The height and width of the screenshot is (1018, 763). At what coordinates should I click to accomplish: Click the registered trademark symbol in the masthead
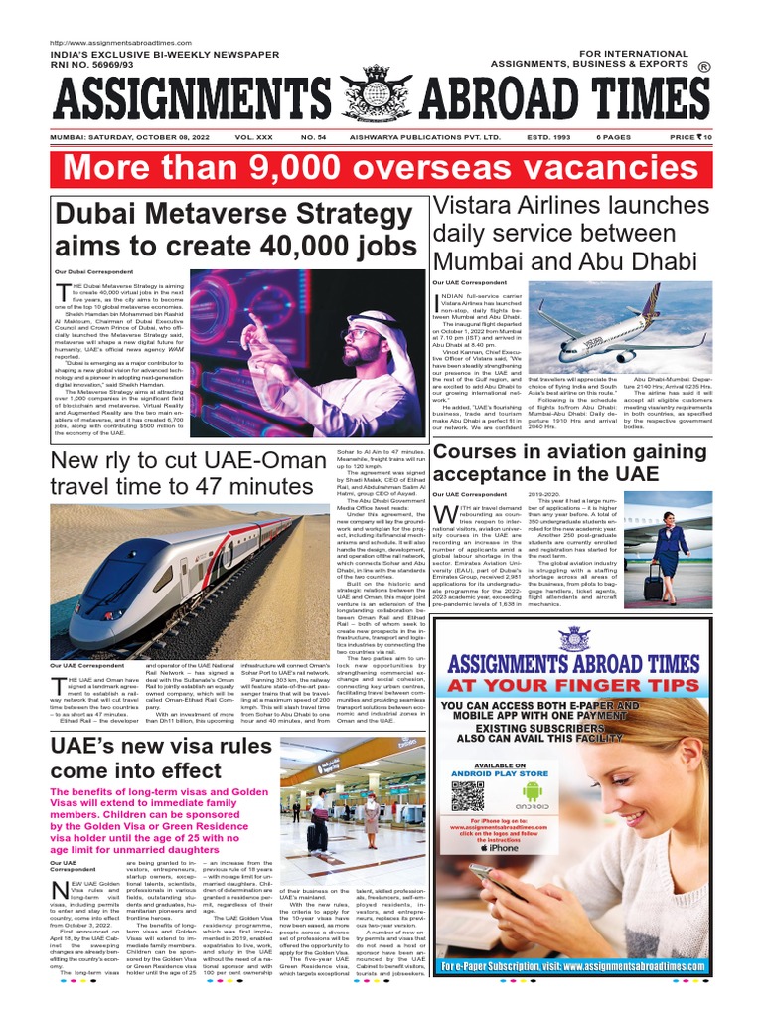pyautogui.click(x=704, y=68)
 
